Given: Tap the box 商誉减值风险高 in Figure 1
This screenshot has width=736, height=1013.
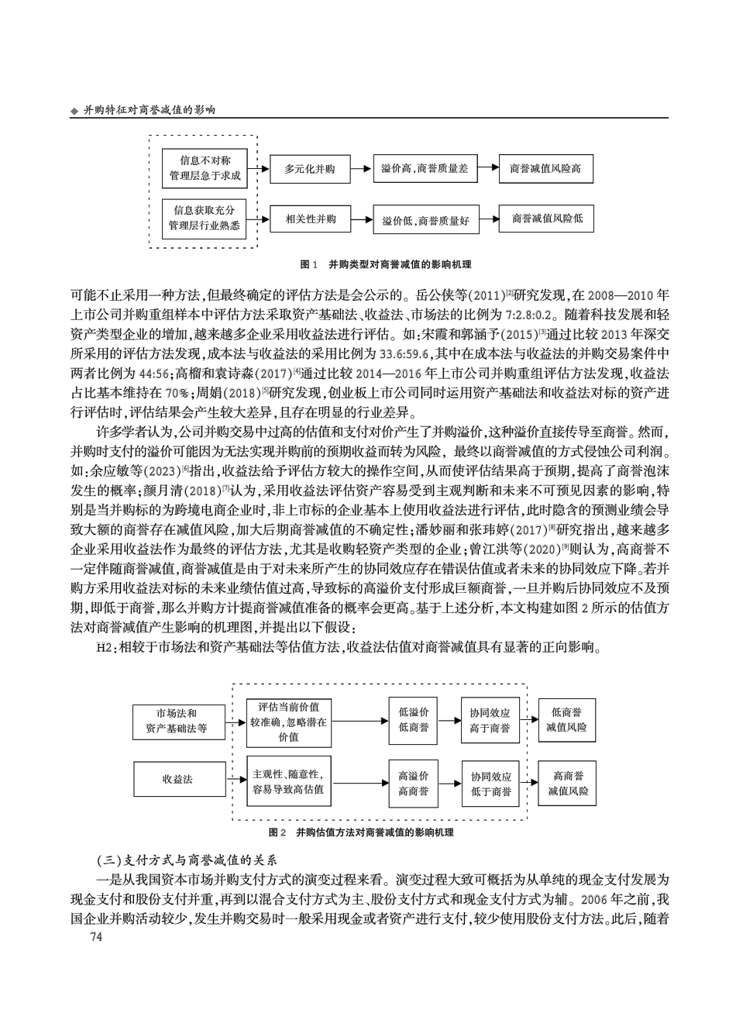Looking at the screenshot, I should (545, 169).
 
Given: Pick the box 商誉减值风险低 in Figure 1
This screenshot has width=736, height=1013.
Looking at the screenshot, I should (546, 219).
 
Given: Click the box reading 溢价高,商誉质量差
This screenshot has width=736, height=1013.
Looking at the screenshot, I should (425, 169).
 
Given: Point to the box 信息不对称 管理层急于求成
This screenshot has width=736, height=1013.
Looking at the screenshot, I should (205, 168).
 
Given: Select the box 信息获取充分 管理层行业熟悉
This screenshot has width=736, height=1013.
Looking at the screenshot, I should (205, 219).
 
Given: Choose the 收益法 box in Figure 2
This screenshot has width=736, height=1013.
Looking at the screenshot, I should (177, 779).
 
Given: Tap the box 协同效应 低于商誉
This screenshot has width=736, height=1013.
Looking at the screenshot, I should (490, 784).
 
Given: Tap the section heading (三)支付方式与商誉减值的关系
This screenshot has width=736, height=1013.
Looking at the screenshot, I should (186, 860).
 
